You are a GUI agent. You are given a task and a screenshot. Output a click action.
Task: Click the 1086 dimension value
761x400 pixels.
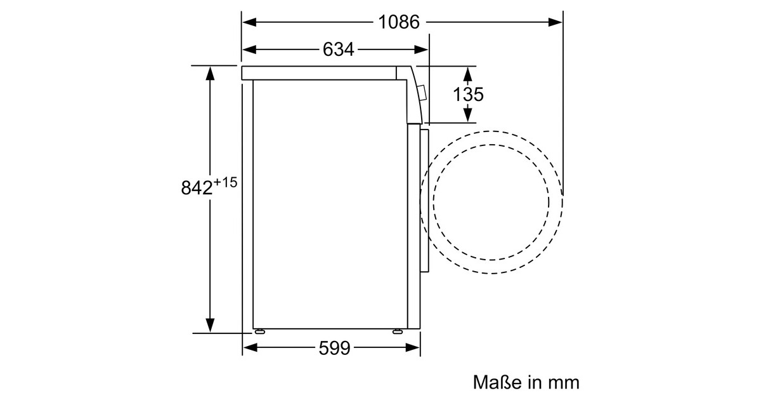click(399, 22)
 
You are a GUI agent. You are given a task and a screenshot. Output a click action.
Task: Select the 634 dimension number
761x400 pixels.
click(338, 50)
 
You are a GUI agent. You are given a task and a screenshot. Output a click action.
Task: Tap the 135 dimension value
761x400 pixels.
click(468, 94)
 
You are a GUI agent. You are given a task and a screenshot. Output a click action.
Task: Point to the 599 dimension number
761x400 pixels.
click(334, 348)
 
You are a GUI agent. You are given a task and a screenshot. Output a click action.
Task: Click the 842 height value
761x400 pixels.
click(197, 187)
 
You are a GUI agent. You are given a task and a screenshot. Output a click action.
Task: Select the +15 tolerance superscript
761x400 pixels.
click(225, 183)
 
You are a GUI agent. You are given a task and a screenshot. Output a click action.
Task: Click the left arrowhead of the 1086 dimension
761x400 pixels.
click(249, 22)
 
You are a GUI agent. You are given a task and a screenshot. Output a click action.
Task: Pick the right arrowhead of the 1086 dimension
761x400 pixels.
click(556, 22)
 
